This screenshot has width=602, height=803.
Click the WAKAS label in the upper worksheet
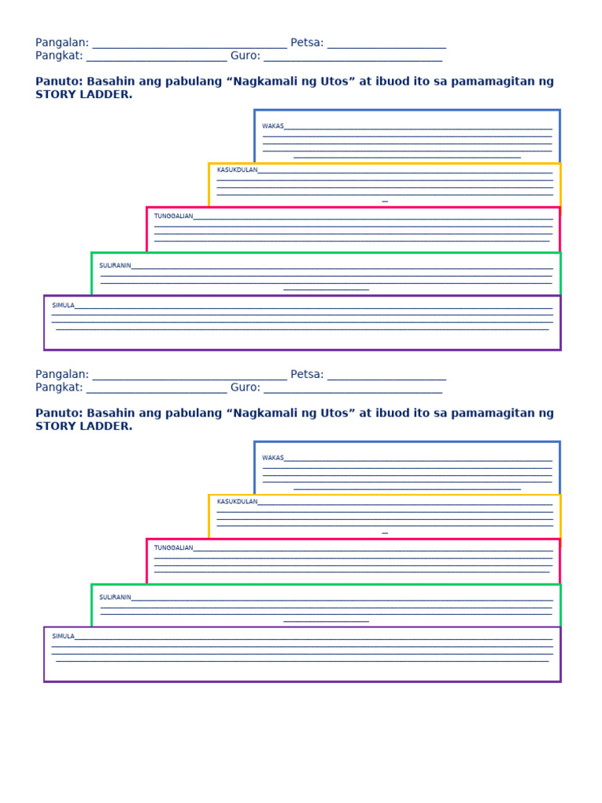[273, 126]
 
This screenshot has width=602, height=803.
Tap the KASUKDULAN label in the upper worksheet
[237, 169]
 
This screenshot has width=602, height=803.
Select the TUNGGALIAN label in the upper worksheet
[173, 216]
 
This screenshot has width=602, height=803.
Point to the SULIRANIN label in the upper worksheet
[115, 265]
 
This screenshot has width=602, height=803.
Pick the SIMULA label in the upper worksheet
[63, 305]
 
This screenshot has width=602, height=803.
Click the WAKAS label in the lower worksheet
[273, 458]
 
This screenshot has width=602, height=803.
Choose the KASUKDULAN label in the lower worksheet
[237, 501]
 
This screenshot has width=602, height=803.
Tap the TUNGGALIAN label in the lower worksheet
[173, 547]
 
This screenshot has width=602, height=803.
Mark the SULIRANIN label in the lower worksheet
[115, 597]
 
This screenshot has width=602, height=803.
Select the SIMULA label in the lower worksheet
[63, 636]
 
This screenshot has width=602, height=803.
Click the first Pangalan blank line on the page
[190, 48]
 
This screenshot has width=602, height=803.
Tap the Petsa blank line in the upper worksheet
[387, 48]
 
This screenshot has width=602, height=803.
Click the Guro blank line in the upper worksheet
[354, 61]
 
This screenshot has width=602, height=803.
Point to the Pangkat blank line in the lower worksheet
[157, 393]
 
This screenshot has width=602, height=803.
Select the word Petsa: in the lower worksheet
[307, 374]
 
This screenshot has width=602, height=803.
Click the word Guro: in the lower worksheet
[245, 387]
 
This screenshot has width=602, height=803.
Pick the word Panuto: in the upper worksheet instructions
[60, 82]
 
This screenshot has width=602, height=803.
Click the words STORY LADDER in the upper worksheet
[84, 94]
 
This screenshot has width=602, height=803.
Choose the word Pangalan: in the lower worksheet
[62, 375]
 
